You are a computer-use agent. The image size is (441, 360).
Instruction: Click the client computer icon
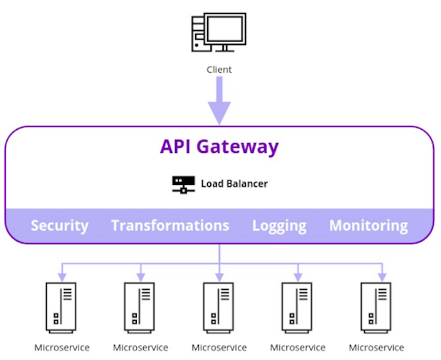219,34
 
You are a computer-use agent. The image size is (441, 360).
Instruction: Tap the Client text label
219,69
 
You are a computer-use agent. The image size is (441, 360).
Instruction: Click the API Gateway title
219,146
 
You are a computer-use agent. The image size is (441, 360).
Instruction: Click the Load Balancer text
234,184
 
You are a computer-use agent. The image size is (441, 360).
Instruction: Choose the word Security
59,226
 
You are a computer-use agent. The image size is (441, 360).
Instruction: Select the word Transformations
170,226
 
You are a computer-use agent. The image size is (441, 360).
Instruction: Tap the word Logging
279,226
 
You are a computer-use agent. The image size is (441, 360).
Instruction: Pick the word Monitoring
368,226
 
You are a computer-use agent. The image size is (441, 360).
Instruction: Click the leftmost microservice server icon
61,308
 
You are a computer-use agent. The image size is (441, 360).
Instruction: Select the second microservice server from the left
140,308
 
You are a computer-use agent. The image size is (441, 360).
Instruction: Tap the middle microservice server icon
219,308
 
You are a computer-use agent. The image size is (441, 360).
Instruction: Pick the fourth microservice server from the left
298,308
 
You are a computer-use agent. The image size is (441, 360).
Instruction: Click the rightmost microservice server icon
376,308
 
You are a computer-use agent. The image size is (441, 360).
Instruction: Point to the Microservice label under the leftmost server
61,348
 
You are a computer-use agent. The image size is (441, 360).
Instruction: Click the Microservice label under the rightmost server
376,348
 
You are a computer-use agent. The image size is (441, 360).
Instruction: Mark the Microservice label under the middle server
219,348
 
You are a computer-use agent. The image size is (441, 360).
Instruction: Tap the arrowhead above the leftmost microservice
61,276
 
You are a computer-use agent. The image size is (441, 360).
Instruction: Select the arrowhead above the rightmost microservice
382,276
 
